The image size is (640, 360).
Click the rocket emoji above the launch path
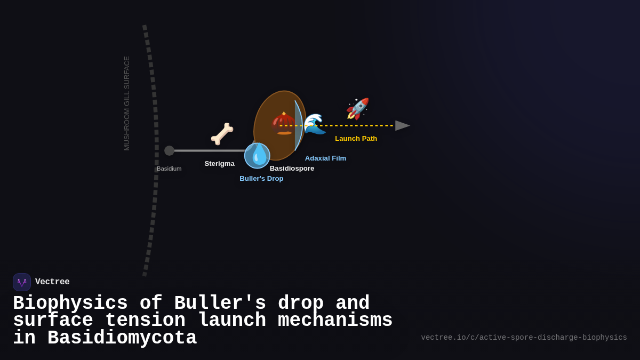pos(357,109)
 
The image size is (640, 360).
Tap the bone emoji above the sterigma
pos(222,134)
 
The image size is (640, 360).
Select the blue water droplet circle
pos(257,156)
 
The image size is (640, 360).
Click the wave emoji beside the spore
pos(315,124)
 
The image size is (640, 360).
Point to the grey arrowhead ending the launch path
pos(402,125)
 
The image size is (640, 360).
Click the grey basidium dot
pos(169,151)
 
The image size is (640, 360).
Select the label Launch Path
pos(356,139)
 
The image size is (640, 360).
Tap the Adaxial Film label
pos(325,158)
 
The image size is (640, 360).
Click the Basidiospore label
pos(292,169)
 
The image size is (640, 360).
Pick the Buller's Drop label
pos(261,179)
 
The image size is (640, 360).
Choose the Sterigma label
pos(219,164)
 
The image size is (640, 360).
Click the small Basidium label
pos(169,169)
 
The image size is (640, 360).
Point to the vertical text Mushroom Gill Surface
pos(127,103)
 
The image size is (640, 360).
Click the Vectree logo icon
pos(22,282)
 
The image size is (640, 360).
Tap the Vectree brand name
pos(52,282)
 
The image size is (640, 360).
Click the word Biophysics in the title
pos(70,303)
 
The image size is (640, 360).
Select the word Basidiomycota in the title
pos(122,338)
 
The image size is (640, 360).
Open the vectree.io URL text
pos(524,338)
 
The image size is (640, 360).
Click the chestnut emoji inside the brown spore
pos(283,123)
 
